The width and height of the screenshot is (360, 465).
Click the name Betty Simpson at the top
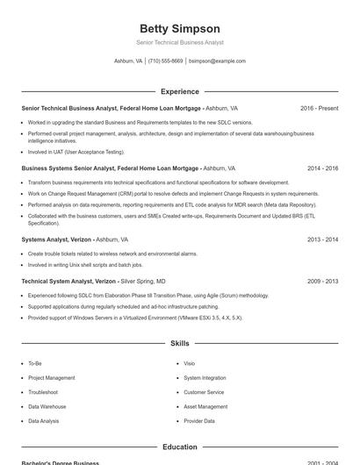(180, 28)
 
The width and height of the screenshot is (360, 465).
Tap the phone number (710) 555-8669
(165, 61)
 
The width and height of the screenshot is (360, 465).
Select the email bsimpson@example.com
(217, 61)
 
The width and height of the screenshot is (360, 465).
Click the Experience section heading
(180, 91)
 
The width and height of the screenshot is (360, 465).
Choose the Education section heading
(180, 447)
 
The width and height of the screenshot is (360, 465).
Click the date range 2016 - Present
(319, 108)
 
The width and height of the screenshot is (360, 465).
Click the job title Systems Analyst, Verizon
(56, 239)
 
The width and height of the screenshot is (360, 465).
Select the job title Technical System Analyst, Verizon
(69, 281)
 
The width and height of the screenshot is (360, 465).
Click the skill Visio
(189, 363)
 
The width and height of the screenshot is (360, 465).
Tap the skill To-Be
(35, 363)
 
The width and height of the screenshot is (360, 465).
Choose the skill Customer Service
(204, 392)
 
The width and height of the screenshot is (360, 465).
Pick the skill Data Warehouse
(47, 407)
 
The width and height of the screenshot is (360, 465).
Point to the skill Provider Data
(199, 421)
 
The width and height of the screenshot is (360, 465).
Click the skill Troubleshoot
(43, 392)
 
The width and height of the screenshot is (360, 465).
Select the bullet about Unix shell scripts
(85, 264)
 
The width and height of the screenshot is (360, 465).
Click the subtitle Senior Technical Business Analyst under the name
(180, 42)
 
